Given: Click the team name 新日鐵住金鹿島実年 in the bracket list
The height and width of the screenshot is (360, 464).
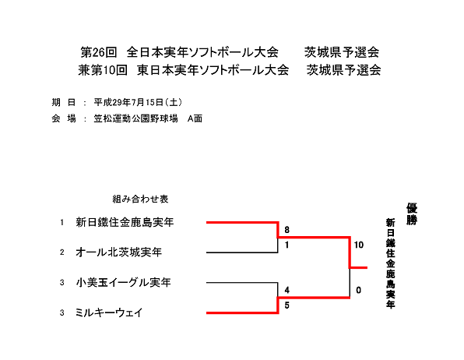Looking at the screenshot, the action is [125, 222].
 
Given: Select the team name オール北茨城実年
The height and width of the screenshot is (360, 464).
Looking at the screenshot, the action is [118, 252].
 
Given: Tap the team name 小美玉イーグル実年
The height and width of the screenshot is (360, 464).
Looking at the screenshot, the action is [123, 282].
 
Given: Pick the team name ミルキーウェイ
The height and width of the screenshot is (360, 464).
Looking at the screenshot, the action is [109, 312].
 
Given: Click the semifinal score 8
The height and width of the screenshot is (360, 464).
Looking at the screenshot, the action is [286, 230].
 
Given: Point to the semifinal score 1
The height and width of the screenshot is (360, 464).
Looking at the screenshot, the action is [286, 245].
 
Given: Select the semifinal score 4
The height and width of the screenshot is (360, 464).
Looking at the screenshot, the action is [286, 290].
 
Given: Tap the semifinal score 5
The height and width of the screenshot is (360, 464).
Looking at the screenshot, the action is [286, 305].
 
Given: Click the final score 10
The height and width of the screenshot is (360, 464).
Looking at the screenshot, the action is [359, 245].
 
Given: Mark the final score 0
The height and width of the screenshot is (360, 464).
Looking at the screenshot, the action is [358, 290].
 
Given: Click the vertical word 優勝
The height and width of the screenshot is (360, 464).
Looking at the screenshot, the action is [412, 214].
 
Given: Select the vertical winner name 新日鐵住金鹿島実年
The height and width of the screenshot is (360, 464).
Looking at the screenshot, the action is [390, 263].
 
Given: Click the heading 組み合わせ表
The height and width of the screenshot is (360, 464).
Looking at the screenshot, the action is [140, 199].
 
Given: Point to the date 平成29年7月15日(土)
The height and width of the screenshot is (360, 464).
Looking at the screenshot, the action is [138, 103].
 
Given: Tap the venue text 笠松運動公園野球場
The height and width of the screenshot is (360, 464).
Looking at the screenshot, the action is [135, 118].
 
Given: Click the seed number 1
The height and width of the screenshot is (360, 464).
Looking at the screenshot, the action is [62, 222].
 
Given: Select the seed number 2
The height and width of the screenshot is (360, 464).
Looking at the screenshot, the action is [62, 252].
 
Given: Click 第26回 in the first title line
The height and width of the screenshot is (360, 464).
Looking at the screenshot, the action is [99, 52].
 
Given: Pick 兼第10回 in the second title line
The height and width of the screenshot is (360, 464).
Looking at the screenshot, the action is [103, 70].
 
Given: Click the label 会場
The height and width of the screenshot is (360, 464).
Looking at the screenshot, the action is [64, 118].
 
